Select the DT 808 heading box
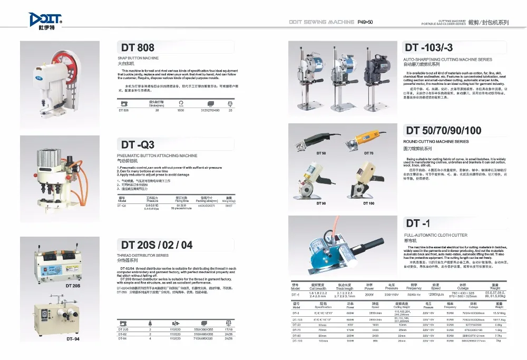[138, 48]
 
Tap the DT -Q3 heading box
[138, 144]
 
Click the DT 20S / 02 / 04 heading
[157, 245]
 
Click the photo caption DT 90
[321, 203]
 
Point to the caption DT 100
[368, 203]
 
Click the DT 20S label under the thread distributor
[73, 285]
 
